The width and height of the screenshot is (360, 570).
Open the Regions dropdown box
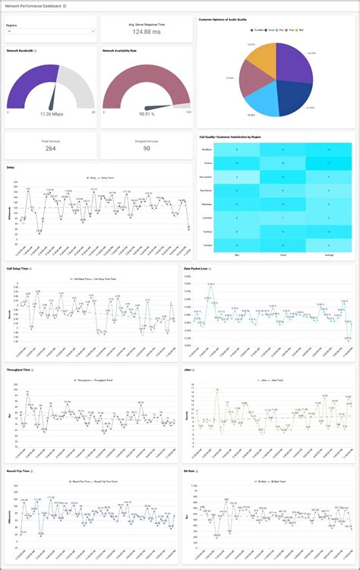click(x=50, y=32)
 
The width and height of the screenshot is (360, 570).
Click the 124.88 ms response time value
click(x=146, y=32)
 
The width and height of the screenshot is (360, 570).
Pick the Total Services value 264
click(x=50, y=149)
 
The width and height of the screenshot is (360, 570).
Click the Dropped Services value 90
click(x=146, y=149)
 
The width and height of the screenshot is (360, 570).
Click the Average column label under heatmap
click(x=329, y=255)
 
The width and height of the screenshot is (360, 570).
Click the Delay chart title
click(x=11, y=168)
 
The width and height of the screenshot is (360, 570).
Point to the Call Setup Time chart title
click(x=19, y=269)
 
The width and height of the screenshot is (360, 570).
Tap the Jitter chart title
click(x=188, y=370)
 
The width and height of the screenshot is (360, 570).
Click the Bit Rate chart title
click(x=191, y=471)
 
